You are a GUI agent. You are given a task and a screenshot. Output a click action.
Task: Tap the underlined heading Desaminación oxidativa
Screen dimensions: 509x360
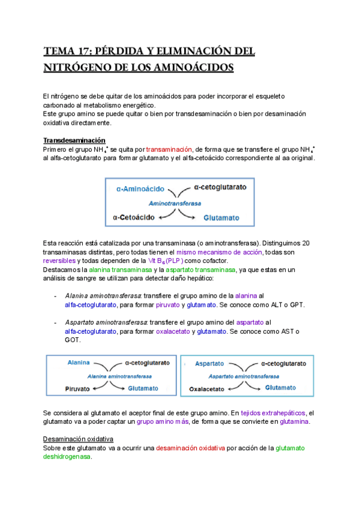(x=79, y=439)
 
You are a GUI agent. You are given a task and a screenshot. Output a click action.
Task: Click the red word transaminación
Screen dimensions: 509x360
(x=169, y=149)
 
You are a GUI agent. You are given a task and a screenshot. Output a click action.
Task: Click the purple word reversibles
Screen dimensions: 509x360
(x=59, y=261)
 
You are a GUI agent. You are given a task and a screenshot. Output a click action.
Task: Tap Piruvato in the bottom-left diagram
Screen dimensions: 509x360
(x=77, y=389)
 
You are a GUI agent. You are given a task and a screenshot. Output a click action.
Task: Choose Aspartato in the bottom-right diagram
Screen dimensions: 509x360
(x=209, y=363)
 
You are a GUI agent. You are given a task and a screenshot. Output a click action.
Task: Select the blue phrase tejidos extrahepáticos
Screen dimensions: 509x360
(x=272, y=413)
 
